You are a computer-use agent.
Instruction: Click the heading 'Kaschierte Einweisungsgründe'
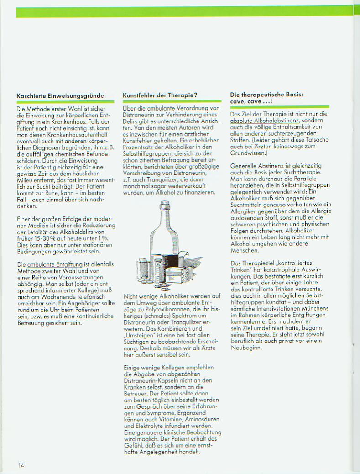point(60,96)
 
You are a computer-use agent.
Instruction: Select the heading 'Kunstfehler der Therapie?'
point(160,95)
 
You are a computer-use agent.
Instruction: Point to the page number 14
point(21,465)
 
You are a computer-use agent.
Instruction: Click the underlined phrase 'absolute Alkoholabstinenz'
point(265,121)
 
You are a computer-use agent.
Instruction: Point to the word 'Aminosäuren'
point(201,420)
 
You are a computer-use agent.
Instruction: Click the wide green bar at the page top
point(183,12)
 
